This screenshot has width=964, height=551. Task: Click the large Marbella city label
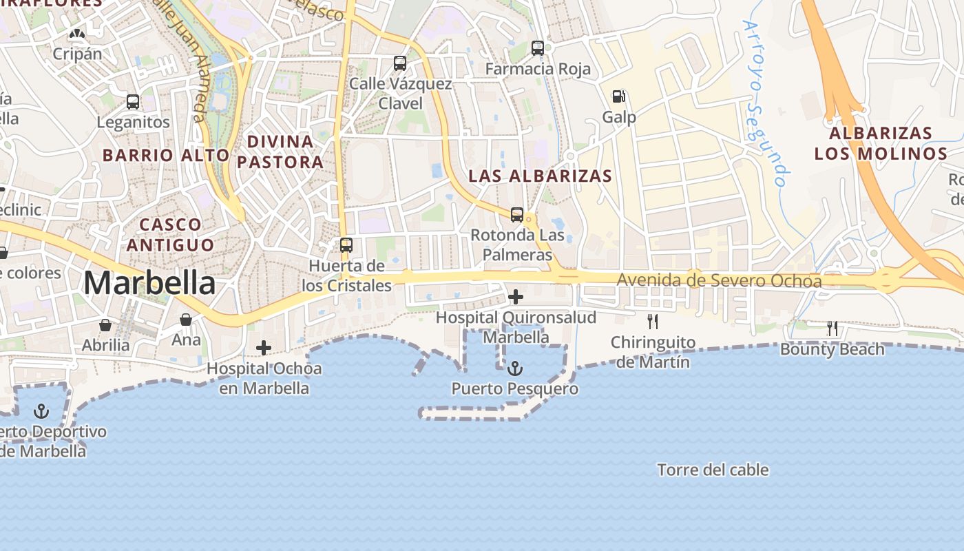149,283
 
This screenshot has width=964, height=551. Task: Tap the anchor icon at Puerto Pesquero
514,369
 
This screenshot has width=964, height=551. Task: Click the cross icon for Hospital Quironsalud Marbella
515,297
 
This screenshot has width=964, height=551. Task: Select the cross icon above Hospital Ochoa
263,348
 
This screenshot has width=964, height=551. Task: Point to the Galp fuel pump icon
618,96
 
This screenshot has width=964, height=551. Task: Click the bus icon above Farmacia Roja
538,48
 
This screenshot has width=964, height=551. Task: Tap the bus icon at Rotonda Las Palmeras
517,214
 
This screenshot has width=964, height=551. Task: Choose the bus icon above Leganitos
133,102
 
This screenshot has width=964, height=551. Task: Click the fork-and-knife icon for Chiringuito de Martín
652,321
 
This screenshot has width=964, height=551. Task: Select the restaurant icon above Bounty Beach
832,329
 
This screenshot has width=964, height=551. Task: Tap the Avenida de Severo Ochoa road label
719,281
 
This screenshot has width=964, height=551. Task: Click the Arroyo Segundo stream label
764,103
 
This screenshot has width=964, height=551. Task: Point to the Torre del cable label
713,470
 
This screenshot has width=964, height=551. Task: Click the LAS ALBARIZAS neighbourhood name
540,176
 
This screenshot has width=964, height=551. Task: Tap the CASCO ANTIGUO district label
170,234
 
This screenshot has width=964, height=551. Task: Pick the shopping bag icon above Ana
186,320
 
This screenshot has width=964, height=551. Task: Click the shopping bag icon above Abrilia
105,325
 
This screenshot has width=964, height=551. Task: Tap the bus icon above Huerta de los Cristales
346,245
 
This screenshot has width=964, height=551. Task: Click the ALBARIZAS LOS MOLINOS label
881,143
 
